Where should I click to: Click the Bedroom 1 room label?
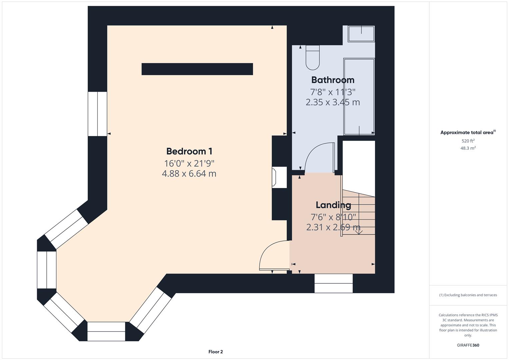pos(189,151)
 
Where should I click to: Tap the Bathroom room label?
pos(333,80)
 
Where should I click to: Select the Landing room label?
pos(333,205)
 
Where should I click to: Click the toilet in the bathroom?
pos(312,58)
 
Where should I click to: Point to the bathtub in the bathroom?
pos(359,97)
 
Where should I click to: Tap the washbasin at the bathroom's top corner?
pos(361,34)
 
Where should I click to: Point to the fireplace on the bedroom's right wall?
pos(278,177)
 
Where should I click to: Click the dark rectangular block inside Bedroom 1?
pos(197,69)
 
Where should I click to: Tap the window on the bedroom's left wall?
pos(97,114)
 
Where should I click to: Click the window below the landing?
pos(333,283)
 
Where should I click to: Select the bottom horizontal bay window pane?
pos(106,331)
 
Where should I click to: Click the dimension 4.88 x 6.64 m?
pos(189,174)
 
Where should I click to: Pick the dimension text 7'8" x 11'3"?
pos(333,92)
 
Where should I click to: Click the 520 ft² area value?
pos(468,141)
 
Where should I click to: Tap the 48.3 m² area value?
pos(468,148)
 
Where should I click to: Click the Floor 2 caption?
pos(215,352)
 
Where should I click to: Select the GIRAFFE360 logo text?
pos(468,345)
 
